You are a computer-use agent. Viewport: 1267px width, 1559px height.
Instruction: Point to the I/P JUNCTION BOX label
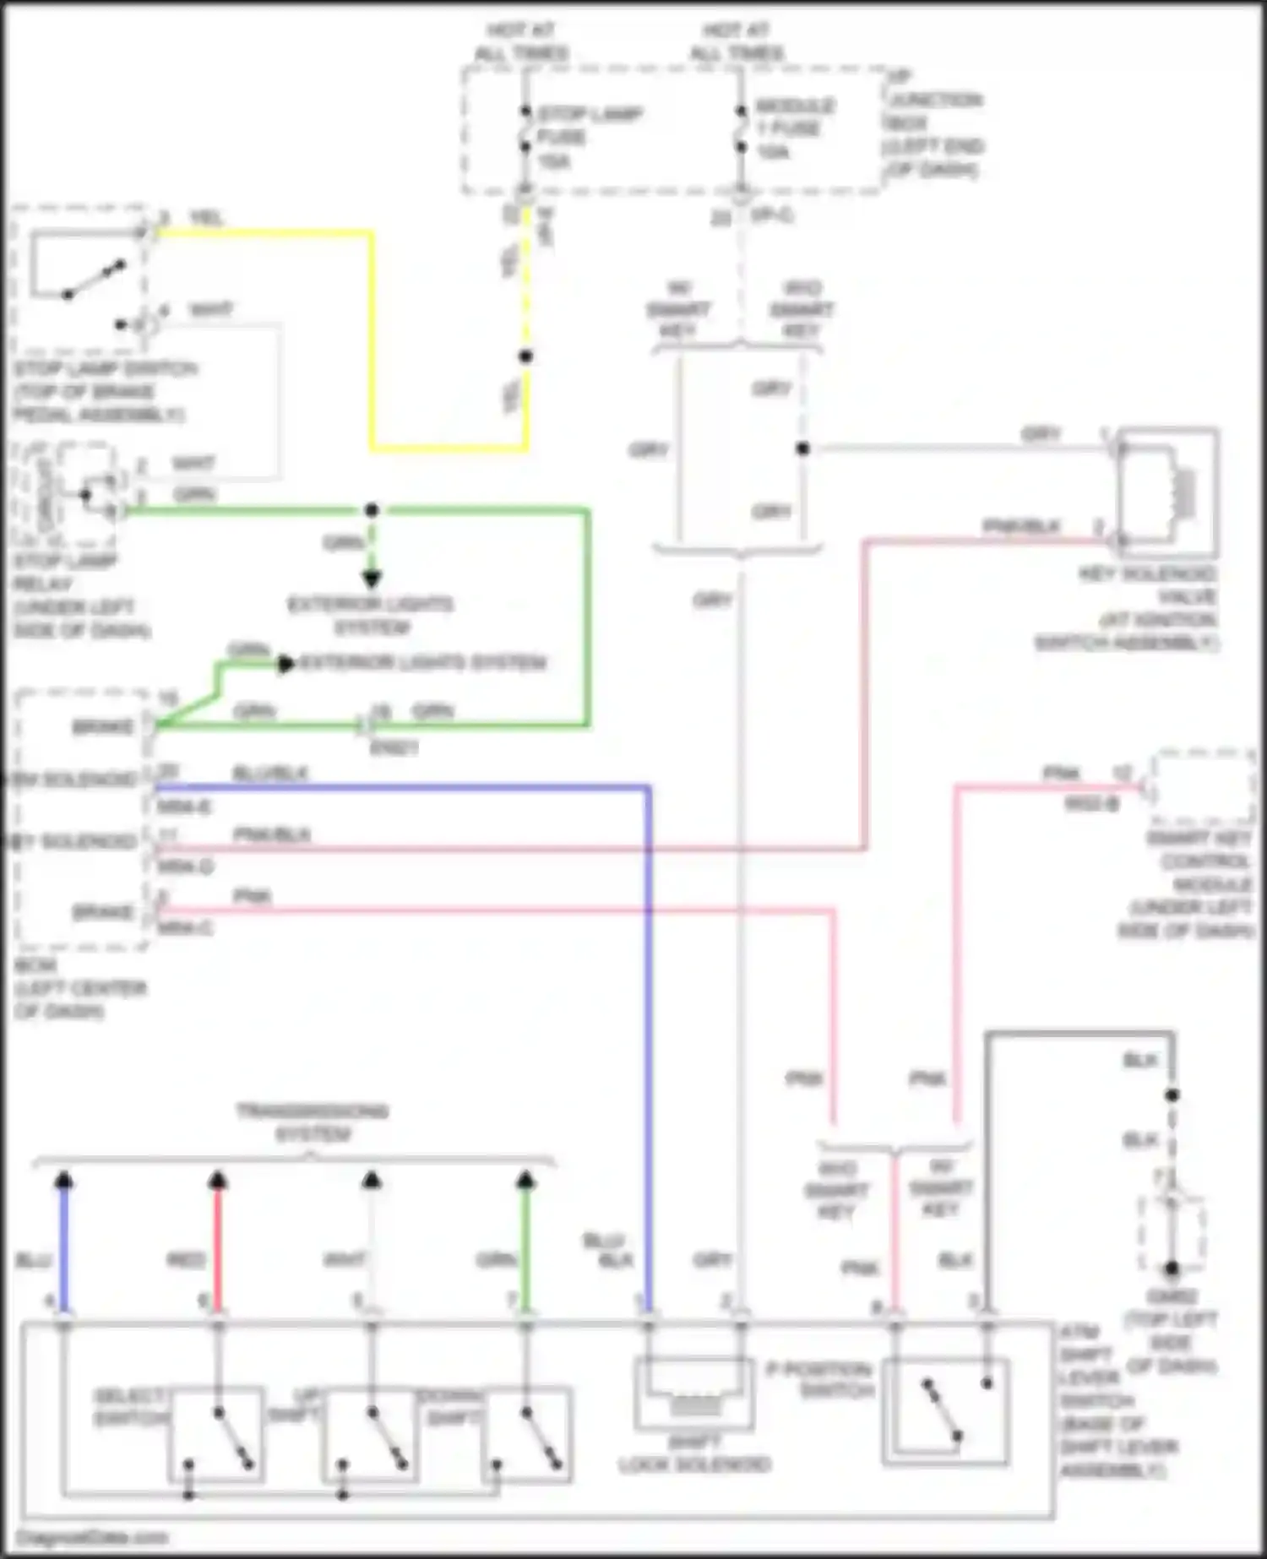pyautogui.click(x=934, y=124)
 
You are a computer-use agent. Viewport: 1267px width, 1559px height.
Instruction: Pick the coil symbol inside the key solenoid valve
pyautogui.click(x=1183, y=492)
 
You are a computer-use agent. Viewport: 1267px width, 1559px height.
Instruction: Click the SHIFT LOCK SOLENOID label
pyautogui.click(x=694, y=1454)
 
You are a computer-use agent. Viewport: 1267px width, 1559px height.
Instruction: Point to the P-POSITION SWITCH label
pyautogui.click(x=819, y=1379)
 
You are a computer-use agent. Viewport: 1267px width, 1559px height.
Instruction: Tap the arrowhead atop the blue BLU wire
pyautogui.click(x=64, y=1181)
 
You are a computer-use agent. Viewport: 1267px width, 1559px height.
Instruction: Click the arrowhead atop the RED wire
pyautogui.click(x=218, y=1181)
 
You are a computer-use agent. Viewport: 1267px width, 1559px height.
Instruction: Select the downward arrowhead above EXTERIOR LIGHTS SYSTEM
pyautogui.click(x=372, y=579)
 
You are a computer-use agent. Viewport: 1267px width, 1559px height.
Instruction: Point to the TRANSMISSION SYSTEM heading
pyautogui.click(x=312, y=1122)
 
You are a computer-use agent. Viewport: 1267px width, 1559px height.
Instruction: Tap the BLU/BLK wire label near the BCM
pyautogui.click(x=269, y=774)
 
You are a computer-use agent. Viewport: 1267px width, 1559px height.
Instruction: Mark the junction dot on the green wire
pyautogui.click(x=372, y=510)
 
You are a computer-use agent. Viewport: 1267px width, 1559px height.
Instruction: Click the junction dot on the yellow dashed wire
pyautogui.click(x=525, y=356)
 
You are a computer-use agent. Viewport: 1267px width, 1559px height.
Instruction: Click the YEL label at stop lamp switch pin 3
pyautogui.click(x=206, y=219)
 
